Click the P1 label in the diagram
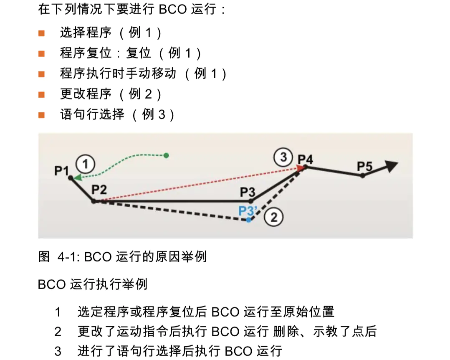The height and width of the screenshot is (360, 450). pos(61,170)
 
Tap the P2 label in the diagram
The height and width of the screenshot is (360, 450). pos(99,190)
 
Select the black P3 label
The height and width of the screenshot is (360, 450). pos(247,192)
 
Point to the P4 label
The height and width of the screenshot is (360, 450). pos(305,159)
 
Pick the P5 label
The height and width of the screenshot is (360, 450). pos(364,167)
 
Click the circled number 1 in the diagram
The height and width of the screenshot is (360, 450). pos(85,164)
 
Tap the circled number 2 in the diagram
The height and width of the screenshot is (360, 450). pos(274,217)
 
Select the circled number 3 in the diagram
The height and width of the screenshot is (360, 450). pos(283,157)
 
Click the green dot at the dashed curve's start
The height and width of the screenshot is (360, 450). pos(166,155)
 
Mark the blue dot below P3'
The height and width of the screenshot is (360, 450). pos(248,220)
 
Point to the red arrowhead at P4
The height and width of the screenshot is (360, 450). pos(300,168)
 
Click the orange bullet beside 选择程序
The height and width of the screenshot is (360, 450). pos(41,33)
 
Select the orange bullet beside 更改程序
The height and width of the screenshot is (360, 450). pos(41,94)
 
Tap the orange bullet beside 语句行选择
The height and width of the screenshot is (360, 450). pos(41,115)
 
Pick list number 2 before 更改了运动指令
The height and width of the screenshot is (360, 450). pos(58,332)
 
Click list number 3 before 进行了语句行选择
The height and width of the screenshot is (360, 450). pos(58,351)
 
